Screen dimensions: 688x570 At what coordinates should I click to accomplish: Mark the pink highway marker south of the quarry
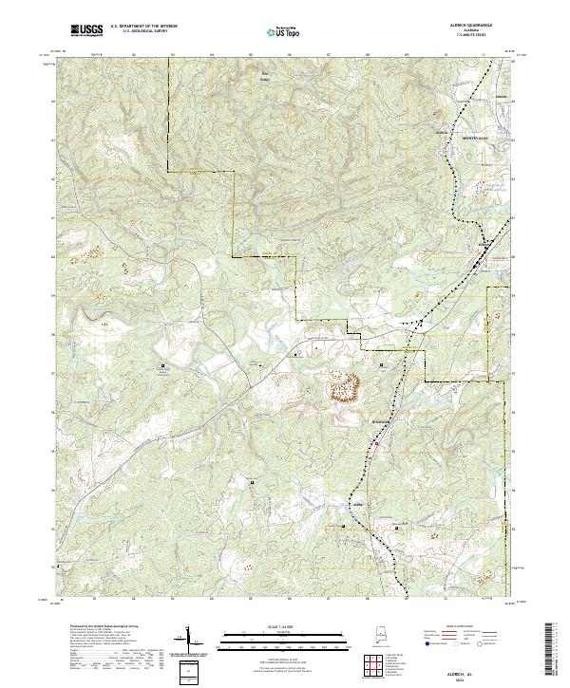375,442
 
